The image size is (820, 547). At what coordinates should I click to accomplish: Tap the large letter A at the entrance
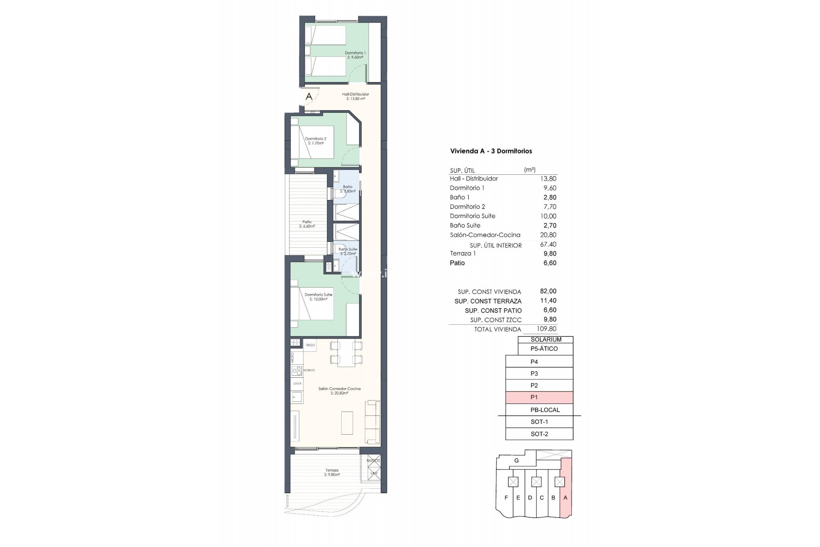click(309, 97)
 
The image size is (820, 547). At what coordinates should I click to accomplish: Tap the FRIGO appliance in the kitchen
click(310, 345)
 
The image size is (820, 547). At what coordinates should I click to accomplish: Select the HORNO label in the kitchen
click(309, 370)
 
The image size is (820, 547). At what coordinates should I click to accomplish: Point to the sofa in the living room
click(372, 421)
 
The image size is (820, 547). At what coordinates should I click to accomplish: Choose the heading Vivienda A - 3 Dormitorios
click(491, 151)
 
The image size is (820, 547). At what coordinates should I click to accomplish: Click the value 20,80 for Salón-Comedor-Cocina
click(548, 235)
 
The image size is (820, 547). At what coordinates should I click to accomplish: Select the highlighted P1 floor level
click(539, 397)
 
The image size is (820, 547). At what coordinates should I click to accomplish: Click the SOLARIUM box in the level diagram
click(546, 340)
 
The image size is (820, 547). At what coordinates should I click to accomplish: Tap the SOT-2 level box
click(539, 434)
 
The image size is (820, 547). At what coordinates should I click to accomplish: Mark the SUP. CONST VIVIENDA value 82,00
click(548, 291)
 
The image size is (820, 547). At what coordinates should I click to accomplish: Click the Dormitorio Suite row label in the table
click(472, 216)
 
